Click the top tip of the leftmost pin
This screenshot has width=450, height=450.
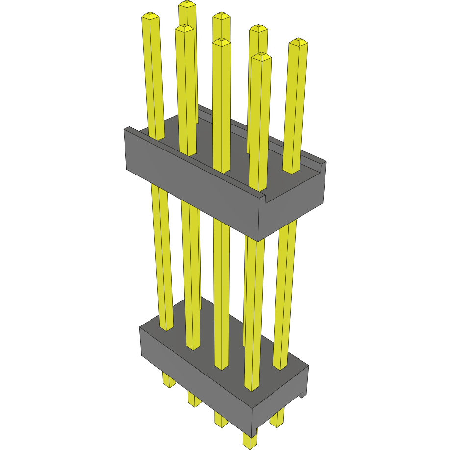pyautogui.click(x=150, y=16)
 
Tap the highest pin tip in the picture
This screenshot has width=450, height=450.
pyautogui.click(x=187, y=4)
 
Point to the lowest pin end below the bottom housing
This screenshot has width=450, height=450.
pyautogui.click(x=250, y=444)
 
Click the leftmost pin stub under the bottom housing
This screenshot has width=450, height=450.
pyautogui.click(x=169, y=381)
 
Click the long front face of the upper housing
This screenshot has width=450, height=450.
pyautogui.click(x=191, y=191)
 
